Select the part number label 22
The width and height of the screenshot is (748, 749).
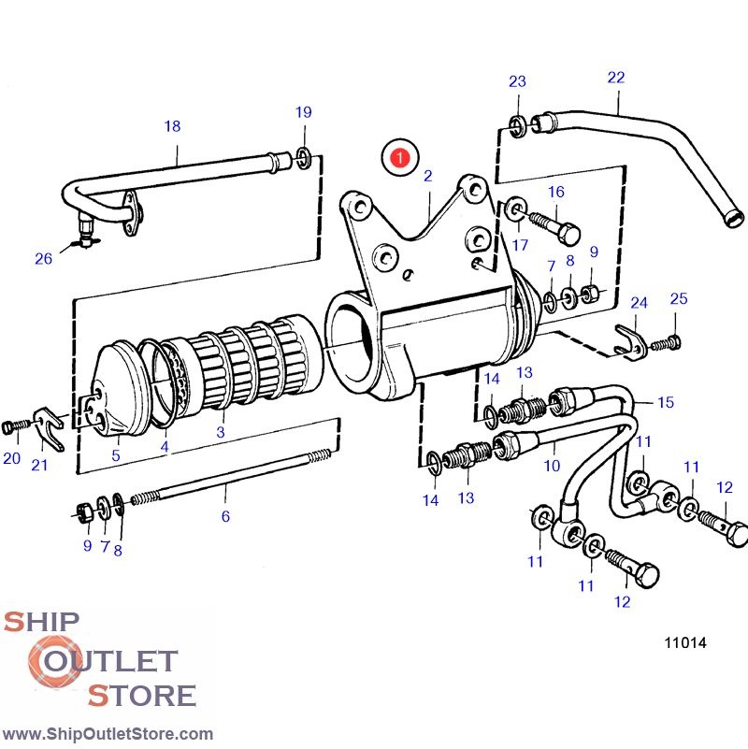click(615, 78)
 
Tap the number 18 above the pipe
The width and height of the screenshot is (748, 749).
click(172, 126)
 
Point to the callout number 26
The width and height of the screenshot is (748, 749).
click(44, 259)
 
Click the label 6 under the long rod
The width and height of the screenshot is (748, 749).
click(225, 515)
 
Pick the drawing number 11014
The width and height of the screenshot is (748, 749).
click(684, 642)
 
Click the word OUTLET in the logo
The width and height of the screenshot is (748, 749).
click(105, 661)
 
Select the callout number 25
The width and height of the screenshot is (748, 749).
click(679, 298)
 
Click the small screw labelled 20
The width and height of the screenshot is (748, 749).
click(12, 427)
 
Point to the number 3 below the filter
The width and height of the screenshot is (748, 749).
click(221, 432)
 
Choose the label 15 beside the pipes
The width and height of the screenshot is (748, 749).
click(665, 402)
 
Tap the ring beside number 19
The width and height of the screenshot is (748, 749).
click(304, 153)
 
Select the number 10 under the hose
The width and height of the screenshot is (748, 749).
click(551, 464)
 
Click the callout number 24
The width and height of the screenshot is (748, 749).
click(639, 303)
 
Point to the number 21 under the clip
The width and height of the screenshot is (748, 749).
click(39, 465)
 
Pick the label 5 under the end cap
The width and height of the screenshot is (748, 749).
click(116, 456)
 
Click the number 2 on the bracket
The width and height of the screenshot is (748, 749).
click(427, 175)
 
